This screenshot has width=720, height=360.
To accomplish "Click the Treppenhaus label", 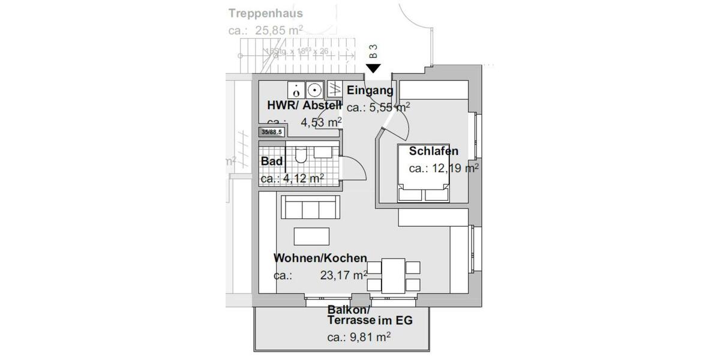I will coord(265,13).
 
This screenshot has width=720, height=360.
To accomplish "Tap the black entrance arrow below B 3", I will coord(373,68).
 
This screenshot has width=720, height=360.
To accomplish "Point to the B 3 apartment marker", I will coord(373,51).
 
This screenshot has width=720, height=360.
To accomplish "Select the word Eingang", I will coord(370,91).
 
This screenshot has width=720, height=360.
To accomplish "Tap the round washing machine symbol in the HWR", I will coord(313,90).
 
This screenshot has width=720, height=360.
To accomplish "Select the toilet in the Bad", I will coord(301,156).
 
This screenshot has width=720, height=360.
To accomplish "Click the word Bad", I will coord(272,161).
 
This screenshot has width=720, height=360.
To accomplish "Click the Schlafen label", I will coord(433,151).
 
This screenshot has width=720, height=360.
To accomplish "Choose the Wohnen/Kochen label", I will coord(320,258).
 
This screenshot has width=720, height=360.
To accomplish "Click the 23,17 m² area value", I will coord(344,276).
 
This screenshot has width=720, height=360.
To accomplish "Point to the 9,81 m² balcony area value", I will coord(368,337).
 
